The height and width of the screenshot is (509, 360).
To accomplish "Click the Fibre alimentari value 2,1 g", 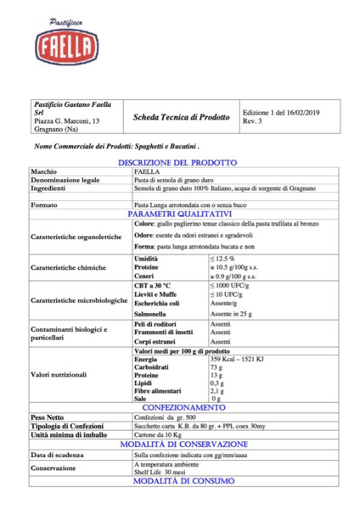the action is [x=217, y=391].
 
